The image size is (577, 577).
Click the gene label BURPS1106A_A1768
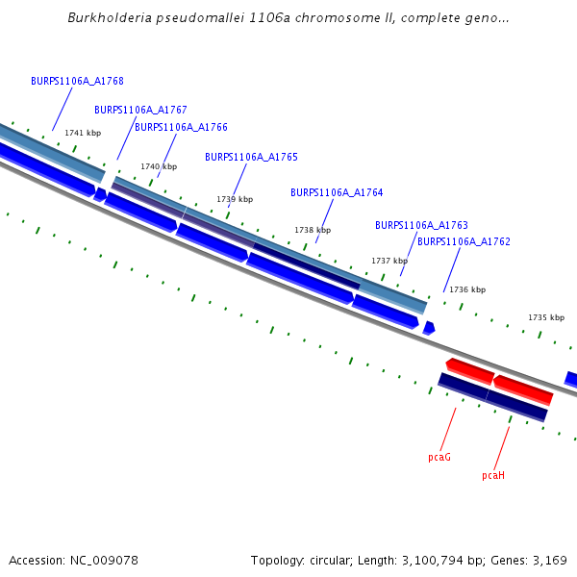[77, 82]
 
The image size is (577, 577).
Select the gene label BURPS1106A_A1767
[140, 110]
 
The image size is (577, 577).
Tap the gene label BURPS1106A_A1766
[181, 127]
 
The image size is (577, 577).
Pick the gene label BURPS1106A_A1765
[251, 157]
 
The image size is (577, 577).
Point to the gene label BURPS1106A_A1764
[337, 192]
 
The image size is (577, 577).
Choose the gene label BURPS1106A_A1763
[421, 225]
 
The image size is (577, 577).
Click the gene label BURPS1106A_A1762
[464, 241]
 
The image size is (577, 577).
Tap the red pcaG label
[439, 458]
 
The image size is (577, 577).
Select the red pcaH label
[493, 475]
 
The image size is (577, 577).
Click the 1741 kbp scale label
[83, 133]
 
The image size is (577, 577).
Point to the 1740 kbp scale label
[159, 166]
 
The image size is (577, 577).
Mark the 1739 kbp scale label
[235, 199]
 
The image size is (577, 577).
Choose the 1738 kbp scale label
[313, 230]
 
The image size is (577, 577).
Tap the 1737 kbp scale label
[389, 261]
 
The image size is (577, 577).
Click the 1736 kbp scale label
[467, 289]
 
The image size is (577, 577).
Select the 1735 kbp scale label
[546, 317]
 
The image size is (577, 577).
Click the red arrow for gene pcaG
[470, 370]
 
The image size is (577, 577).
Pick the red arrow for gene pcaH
[523, 389]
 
